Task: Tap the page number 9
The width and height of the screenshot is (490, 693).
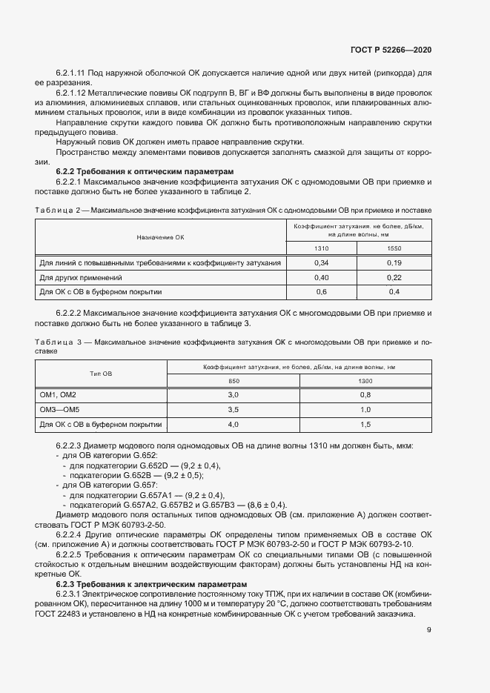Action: pos(429,630)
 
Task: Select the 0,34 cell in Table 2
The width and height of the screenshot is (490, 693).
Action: pos(321,262)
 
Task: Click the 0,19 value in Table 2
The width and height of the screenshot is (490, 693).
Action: pos(394,262)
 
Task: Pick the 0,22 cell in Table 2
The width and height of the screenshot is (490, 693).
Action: pos(394,277)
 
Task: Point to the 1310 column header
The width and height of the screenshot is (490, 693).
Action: pos(321,249)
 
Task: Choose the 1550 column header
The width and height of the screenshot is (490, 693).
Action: pos(394,249)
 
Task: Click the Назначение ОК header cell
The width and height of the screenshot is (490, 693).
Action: pos(159,237)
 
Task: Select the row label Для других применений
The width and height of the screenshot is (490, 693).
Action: pos(70,277)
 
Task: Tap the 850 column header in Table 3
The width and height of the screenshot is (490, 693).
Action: pos(233,381)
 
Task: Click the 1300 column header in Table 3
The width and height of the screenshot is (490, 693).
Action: pos(365,381)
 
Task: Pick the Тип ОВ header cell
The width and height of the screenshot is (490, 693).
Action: pos(101,374)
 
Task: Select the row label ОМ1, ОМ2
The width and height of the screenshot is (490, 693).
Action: pos(58,394)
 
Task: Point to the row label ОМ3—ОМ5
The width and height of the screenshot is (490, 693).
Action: pos(59,409)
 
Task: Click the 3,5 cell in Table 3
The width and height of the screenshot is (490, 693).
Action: pos(233,409)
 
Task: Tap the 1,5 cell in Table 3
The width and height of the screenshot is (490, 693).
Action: pos(365,424)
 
